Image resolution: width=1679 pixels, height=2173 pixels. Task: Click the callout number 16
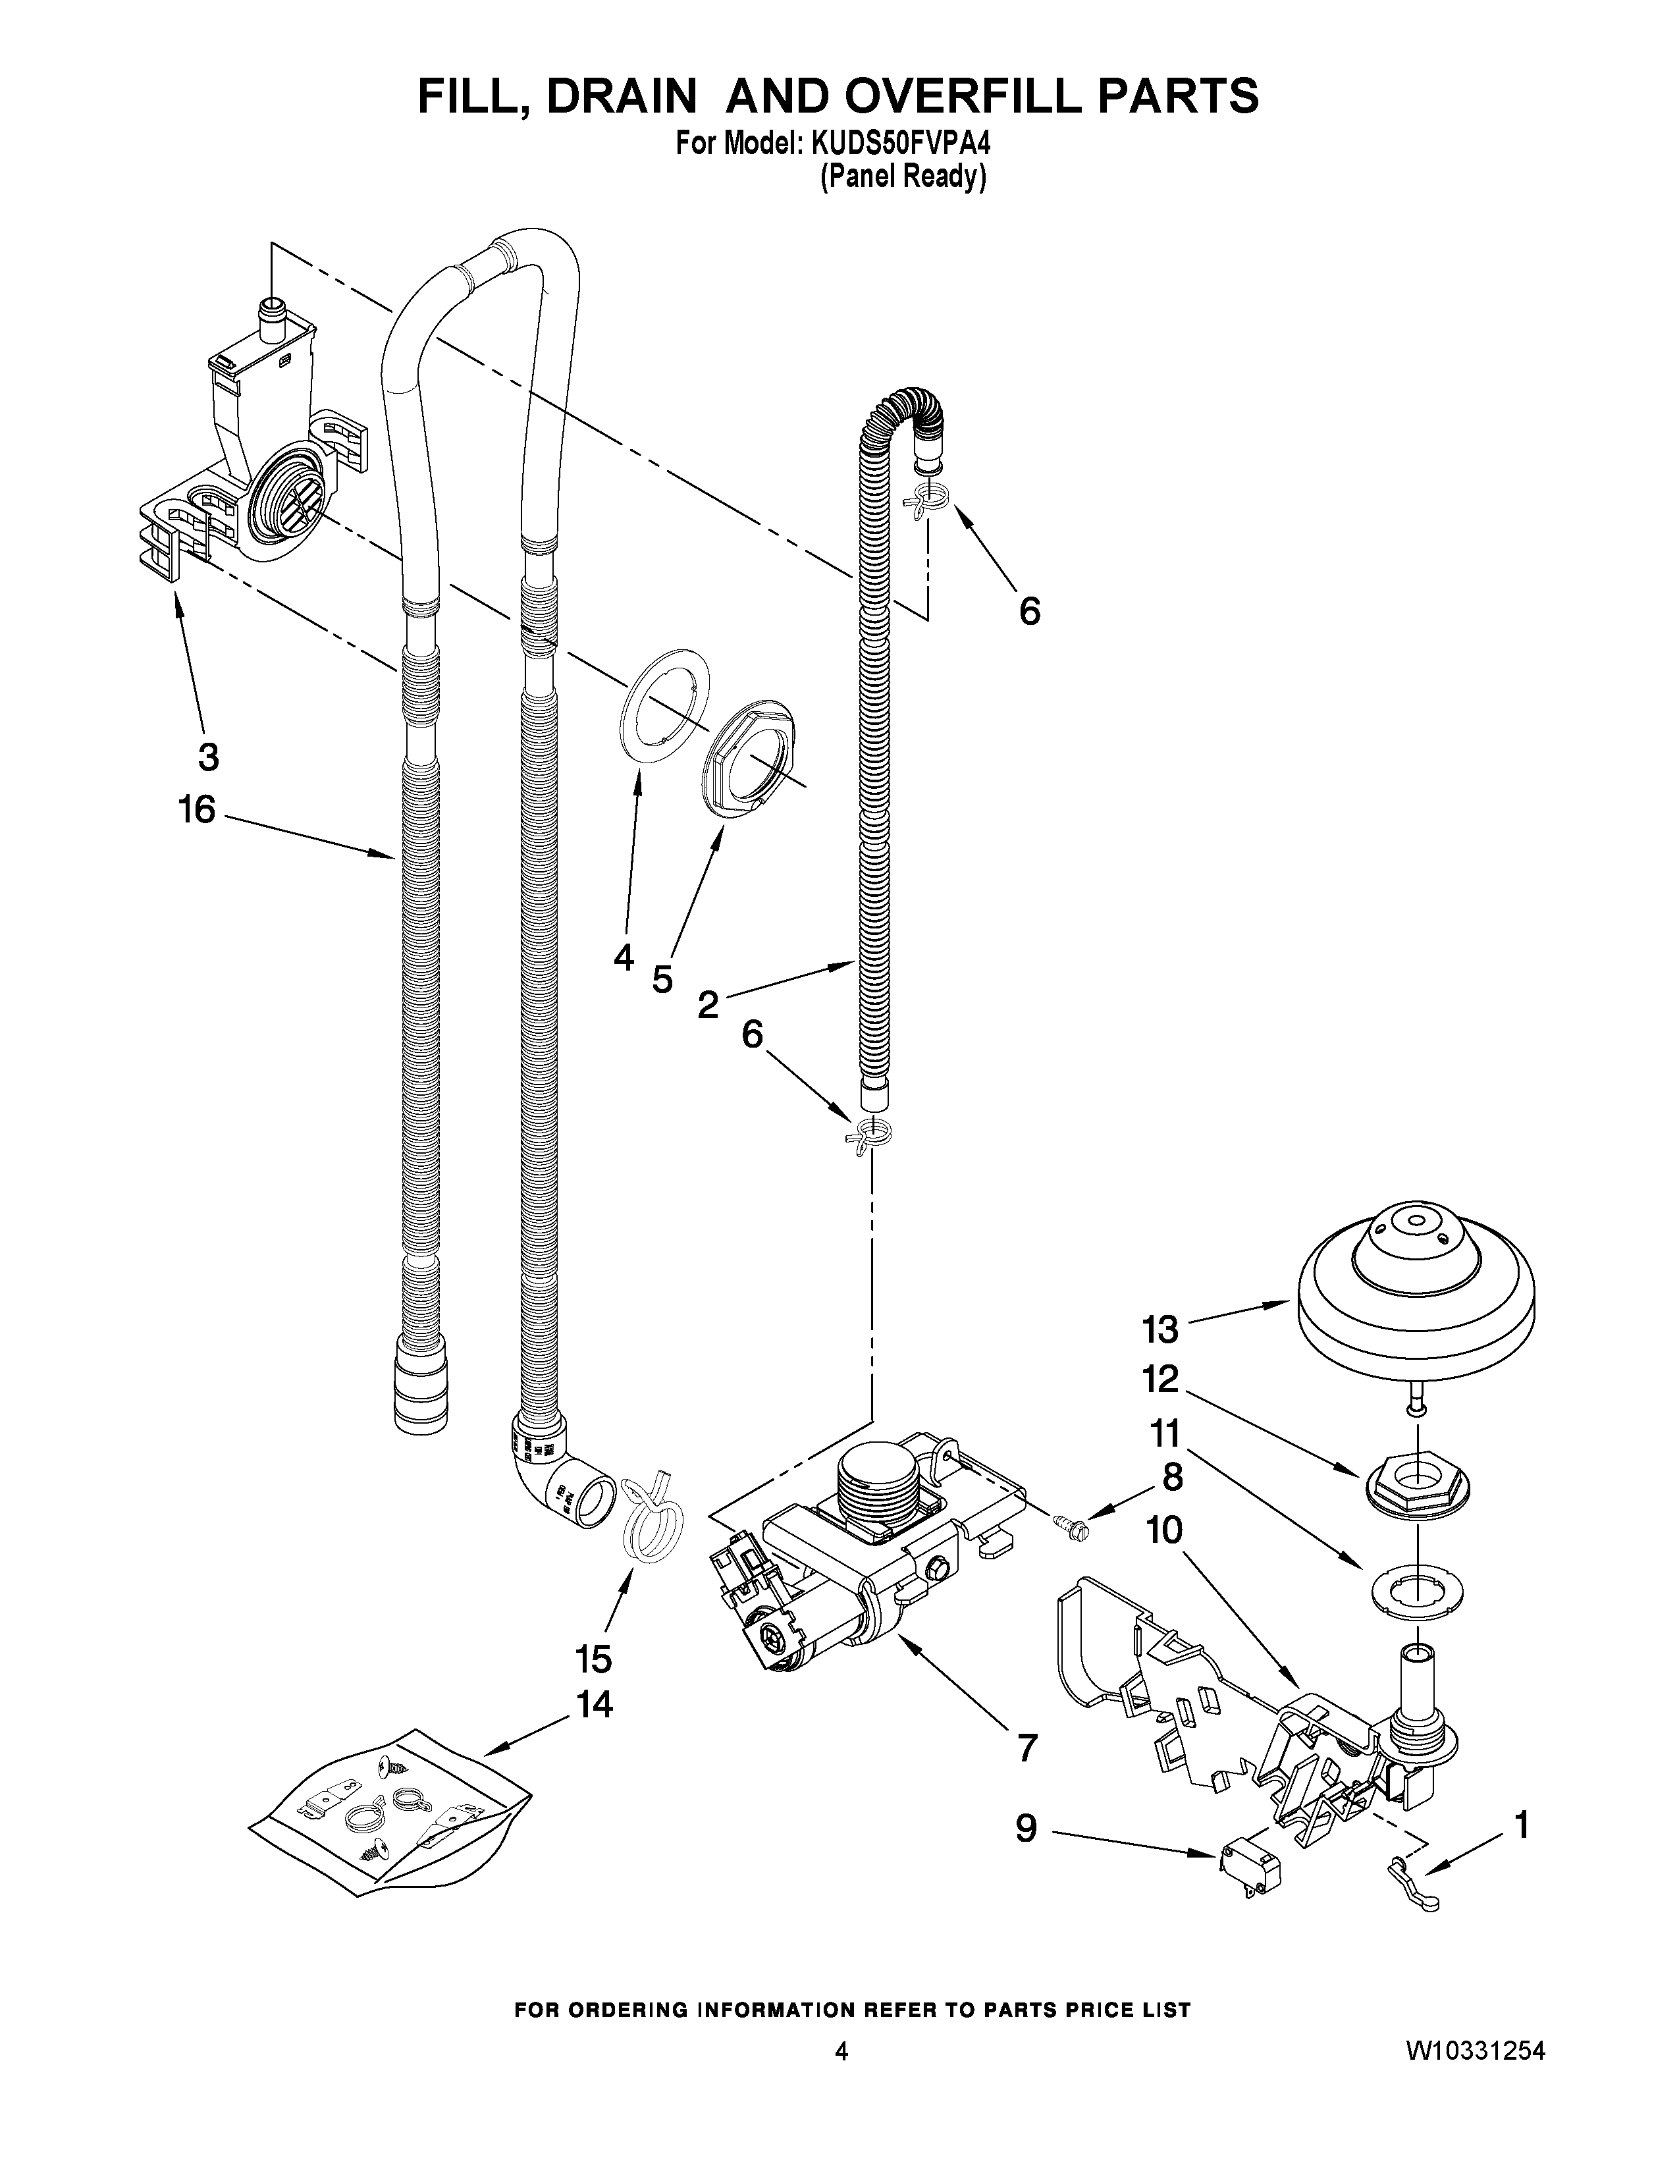pos(197,810)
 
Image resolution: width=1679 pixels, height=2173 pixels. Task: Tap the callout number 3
pos(208,757)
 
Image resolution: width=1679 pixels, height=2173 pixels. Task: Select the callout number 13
pos(1159,1329)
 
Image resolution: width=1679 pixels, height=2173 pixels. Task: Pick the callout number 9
pos(1026,1828)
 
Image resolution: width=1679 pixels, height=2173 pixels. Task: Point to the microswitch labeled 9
pos(1249,1873)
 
